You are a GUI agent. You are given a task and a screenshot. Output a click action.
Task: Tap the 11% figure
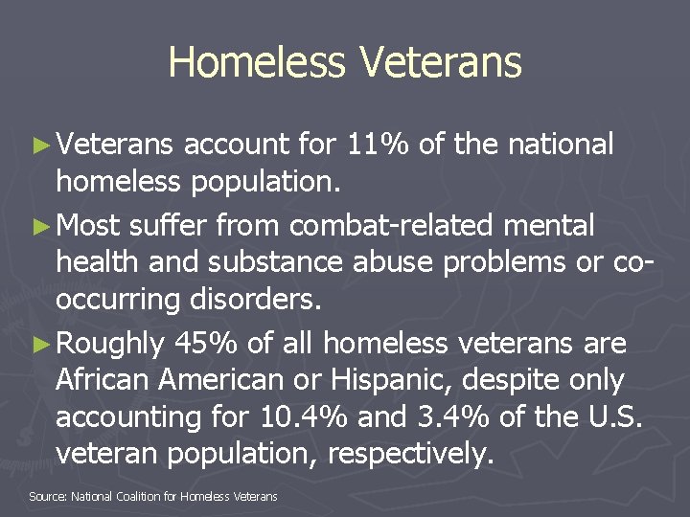click(x=376, y=145)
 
